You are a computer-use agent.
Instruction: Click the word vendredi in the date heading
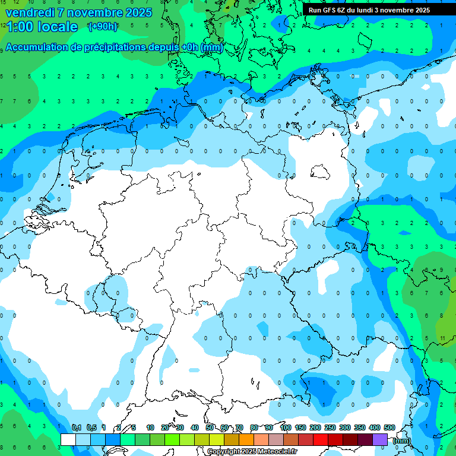click(30, 12)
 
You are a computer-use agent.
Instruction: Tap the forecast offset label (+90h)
click(103, 26)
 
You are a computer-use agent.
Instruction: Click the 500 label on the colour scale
click(389, 427)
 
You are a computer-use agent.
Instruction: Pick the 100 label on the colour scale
click(285, 427)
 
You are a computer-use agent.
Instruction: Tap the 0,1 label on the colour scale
click(77, 427)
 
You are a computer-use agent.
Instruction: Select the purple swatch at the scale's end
click(380, 439)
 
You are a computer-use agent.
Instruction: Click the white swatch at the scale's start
click(68, 439)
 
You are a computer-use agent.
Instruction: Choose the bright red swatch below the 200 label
click(321, 439)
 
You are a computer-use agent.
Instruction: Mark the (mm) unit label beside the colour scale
click(402, 441)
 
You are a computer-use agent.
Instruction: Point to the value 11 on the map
click(443, 338)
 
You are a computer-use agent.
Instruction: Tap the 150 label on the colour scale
click(300, 427)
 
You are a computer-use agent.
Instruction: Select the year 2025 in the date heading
click(138, 12)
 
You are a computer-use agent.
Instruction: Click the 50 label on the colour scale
click(210, 427)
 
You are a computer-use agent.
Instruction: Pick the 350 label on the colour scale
click(360, 427)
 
